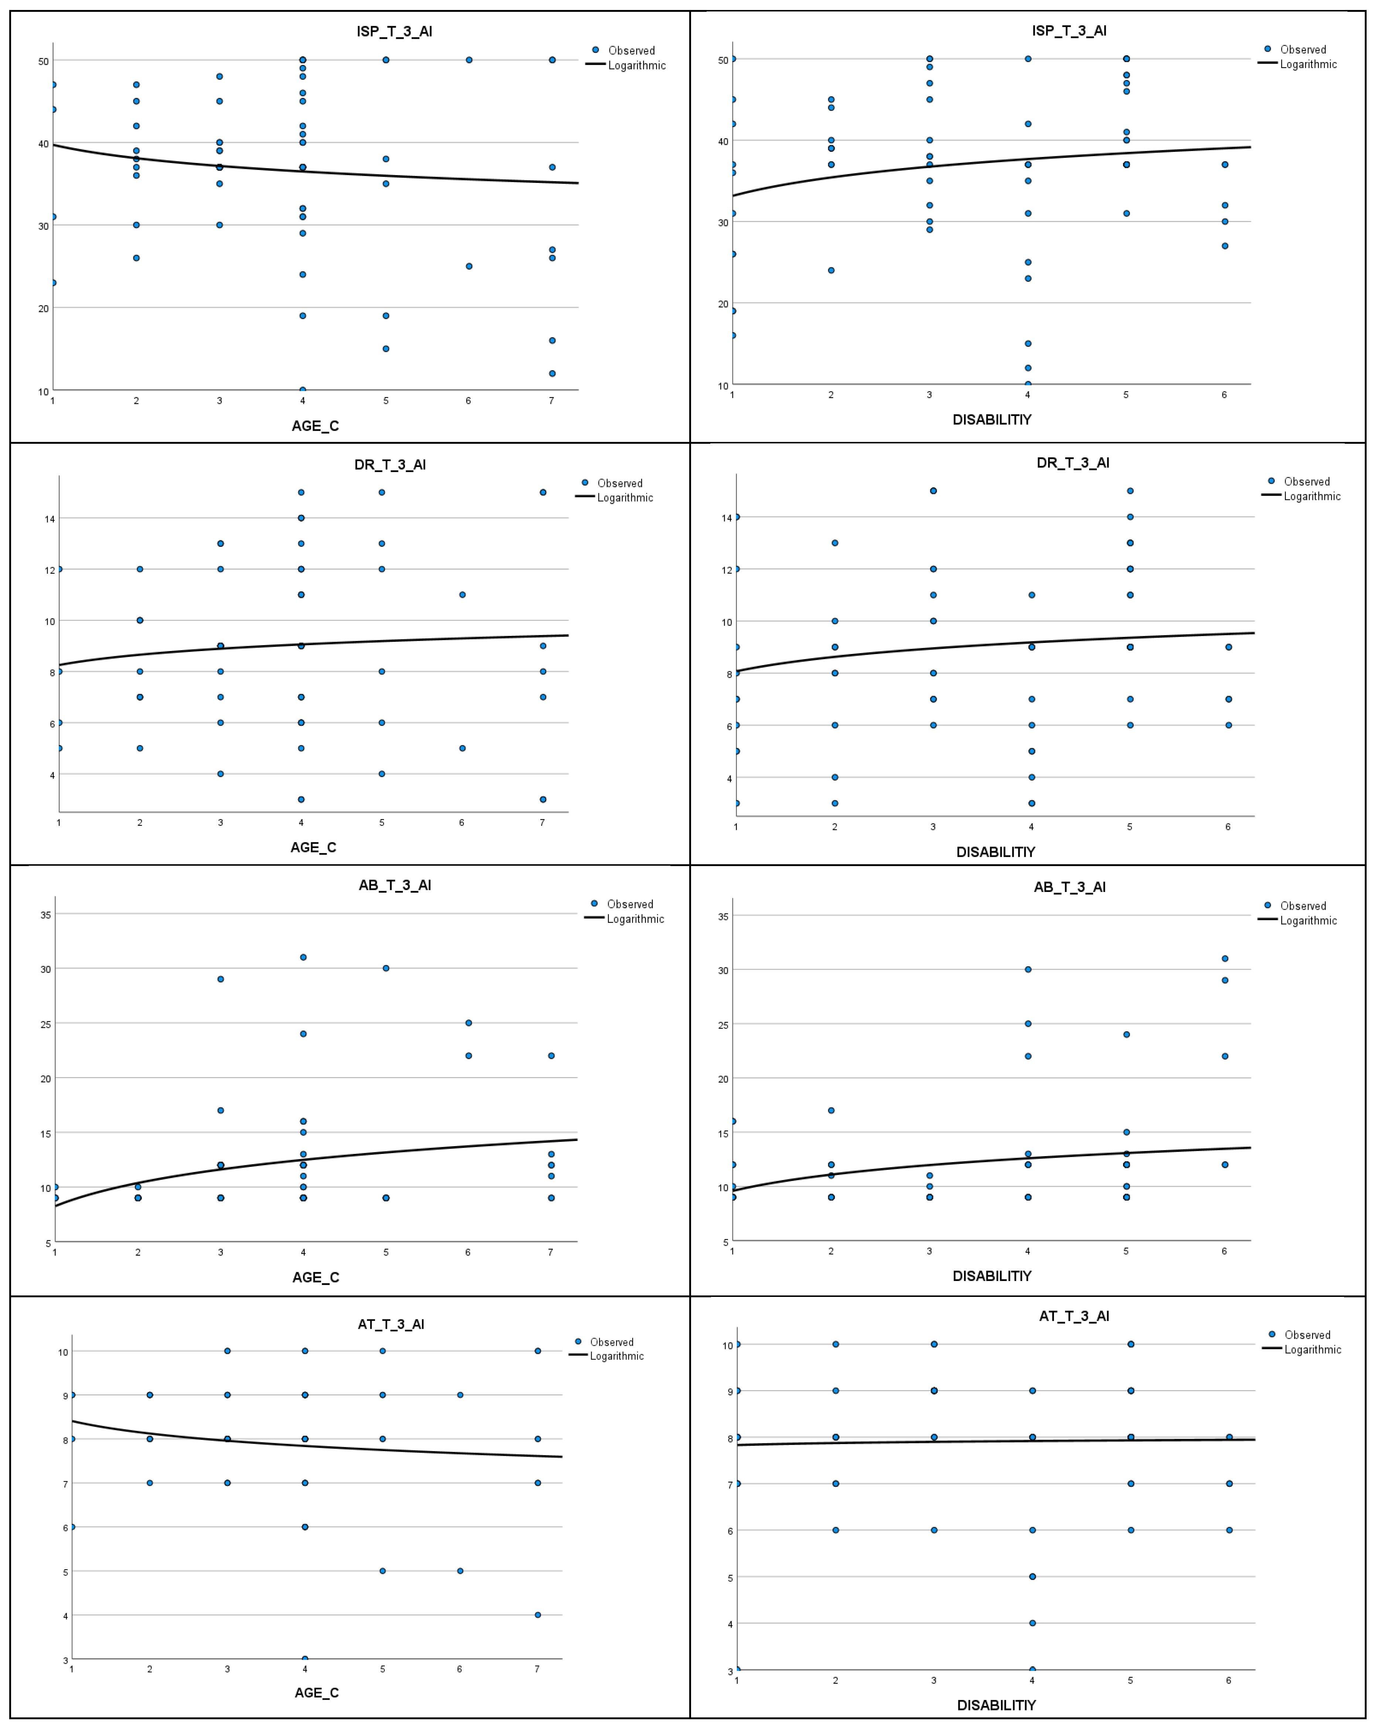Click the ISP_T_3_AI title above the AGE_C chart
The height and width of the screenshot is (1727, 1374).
394,31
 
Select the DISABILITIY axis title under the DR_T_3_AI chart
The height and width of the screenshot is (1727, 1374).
995,851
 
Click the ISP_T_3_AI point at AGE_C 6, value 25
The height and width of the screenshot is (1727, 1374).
469,266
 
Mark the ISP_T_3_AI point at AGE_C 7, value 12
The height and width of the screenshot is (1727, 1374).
552,373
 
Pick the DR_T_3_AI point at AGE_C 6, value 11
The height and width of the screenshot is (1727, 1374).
462,595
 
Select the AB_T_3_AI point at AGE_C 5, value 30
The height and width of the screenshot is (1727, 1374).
386,968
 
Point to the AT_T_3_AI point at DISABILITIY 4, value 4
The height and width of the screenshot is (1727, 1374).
1033,1623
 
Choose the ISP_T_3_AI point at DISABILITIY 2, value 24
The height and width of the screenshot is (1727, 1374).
831,270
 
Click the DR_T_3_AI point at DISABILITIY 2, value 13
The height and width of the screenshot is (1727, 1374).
835,543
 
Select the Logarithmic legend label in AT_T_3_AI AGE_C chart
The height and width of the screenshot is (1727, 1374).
617,1356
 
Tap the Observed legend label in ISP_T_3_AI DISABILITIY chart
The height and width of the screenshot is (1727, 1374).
1303,50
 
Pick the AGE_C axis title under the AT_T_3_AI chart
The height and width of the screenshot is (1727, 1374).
316,1693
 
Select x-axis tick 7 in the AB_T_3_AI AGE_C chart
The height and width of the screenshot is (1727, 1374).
550,1252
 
